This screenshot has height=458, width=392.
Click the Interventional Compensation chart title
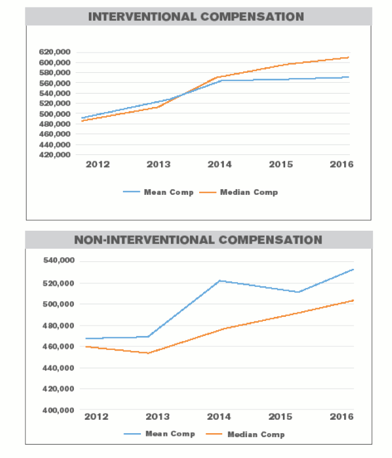[x=196, y=16]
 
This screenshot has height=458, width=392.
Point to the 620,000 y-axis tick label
[x=55, y=52]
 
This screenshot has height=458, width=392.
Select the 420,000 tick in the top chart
[x=55, y=155]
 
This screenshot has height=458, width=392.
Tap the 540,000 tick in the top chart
[x=55, y=83]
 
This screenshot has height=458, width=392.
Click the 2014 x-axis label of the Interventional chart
[x=219, y=165]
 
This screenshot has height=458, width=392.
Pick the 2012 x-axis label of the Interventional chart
[x=98, y=165]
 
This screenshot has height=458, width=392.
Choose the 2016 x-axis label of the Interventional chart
[x=341, y=165]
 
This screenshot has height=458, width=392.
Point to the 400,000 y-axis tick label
[x=59, y=411]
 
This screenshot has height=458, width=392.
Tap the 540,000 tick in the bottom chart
[x=59, y=261]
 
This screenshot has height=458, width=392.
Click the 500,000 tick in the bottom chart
[x=59, y=304]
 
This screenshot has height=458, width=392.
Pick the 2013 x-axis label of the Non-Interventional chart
[x=157, y=416]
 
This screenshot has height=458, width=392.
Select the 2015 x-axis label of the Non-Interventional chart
[x=281, y=416]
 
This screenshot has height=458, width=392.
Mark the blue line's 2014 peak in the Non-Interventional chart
[x=219, y=280]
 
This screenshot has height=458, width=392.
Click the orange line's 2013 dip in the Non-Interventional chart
[x=149, y=353]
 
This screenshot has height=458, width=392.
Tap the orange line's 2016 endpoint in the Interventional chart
[x=349, y=57]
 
